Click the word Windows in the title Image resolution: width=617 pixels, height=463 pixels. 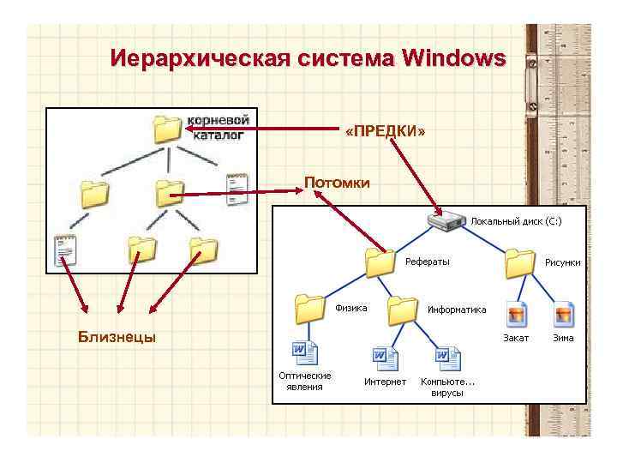tap(452, 59)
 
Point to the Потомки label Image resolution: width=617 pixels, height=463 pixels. tap(338, 183)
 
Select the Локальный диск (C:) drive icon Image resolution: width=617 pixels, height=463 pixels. tap(446, 222)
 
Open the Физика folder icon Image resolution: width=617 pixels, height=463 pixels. tap(308, 307)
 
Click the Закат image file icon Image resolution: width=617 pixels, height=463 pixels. tap(516, 315)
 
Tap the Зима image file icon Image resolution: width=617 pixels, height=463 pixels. tap(563, 315)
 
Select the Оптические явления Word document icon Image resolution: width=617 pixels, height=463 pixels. tap(305, 355)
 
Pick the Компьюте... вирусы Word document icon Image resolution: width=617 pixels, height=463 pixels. tap(447, 358)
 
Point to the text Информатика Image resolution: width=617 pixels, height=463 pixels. tap(457, 310)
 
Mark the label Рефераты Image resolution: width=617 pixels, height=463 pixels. tap(428, 262)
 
